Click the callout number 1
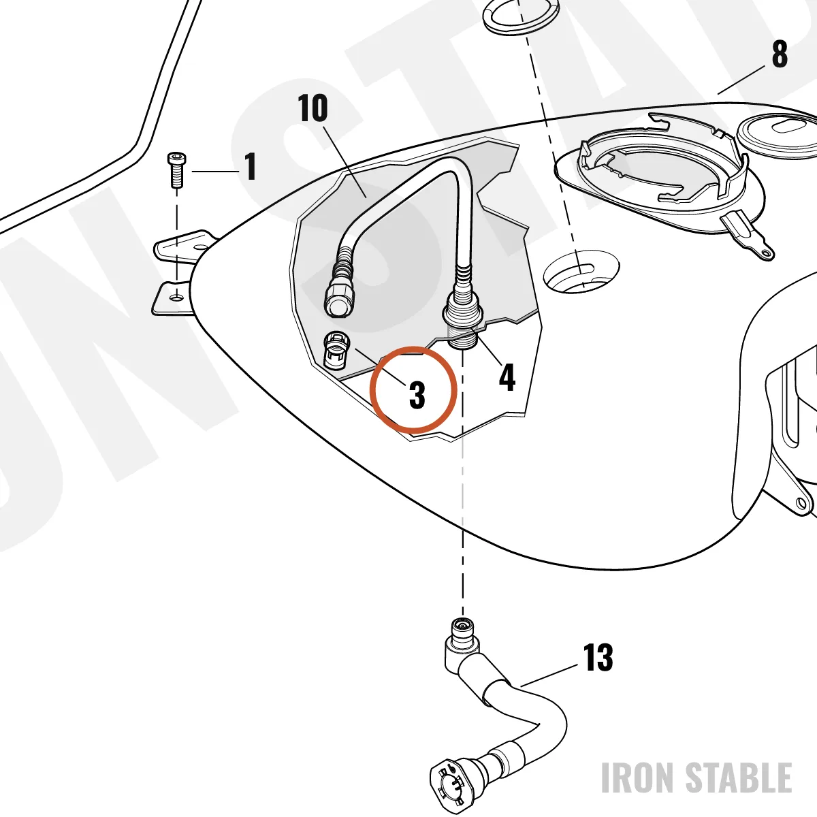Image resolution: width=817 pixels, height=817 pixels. (250, 166)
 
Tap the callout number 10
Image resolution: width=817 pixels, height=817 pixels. (313, 108)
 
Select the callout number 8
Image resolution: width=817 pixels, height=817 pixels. (780, 54)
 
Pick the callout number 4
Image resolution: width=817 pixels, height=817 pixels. (507, 377)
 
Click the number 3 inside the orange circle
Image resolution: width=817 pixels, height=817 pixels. (417, 395)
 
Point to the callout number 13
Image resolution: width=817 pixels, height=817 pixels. (598, 657)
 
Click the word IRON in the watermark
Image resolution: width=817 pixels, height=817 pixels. (637, 777)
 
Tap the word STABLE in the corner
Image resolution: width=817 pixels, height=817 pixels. (739, 777)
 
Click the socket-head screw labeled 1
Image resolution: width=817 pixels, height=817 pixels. (176, 170)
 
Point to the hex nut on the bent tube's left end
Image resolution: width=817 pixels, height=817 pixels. (340, 300)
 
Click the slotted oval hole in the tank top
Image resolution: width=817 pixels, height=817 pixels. (585, 269)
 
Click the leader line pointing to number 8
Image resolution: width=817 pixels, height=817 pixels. (741, 80)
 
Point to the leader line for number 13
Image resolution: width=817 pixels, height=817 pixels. (549, 675)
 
